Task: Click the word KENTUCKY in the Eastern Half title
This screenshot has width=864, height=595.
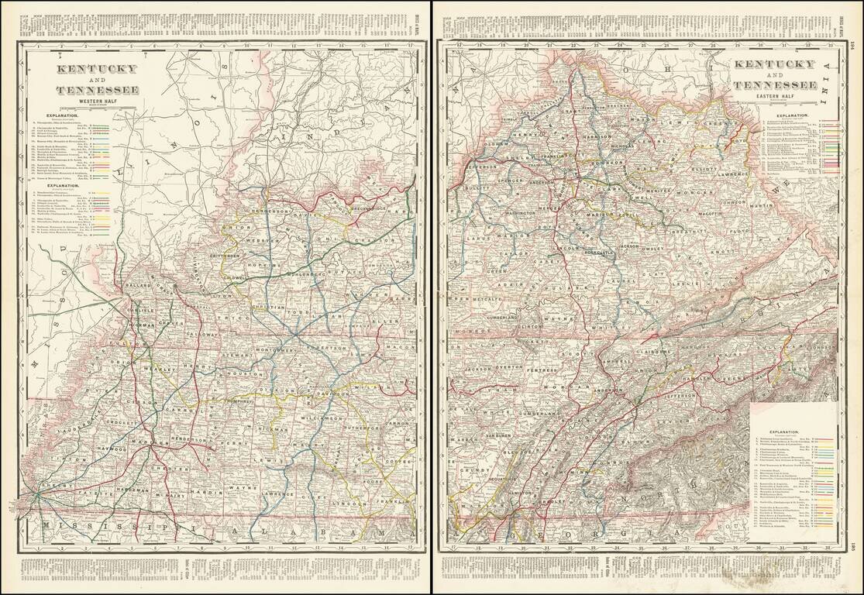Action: coord(774,64)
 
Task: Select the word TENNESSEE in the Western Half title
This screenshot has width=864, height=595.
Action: coord(98,89)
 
